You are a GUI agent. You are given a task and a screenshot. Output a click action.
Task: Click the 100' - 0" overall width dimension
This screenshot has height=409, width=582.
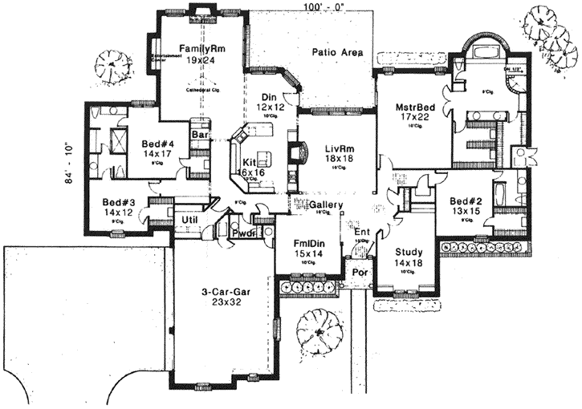point(325,6)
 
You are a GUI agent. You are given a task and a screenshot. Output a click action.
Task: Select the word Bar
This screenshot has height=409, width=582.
point(198,136)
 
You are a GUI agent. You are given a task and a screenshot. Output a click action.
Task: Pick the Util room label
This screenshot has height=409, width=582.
point(189,218)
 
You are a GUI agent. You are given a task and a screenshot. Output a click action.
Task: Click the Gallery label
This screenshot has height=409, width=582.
point(326,205)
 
